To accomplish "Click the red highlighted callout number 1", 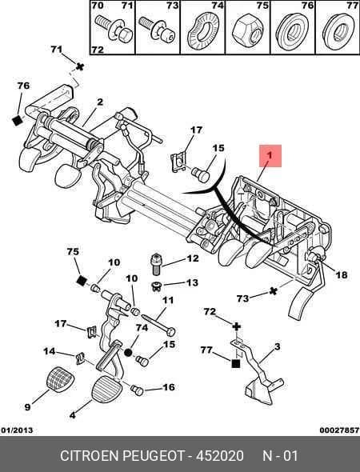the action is click(270, 156).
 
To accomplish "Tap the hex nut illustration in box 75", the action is click(248, 31).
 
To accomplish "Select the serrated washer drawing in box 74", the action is click(203, 31).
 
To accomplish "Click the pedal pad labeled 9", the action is click(61, 379).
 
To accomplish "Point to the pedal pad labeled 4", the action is click(106, 390).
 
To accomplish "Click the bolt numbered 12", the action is click(155, 264).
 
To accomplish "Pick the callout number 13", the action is click(192, 283).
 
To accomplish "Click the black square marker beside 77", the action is click(236, 364).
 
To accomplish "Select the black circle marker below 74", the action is click(129, 353).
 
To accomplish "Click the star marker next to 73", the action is click(273, 291).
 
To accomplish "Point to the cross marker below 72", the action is click(237, 326).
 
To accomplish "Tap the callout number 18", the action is click(342, 275).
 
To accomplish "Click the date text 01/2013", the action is click(17, 430).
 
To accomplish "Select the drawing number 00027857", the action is click(339, 430).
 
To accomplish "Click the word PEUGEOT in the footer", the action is click(154, 456).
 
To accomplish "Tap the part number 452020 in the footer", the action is click(220, 456).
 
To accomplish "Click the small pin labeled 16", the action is click(137, 390).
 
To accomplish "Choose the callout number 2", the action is click(100, 102).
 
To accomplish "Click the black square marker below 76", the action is click(17, 121).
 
